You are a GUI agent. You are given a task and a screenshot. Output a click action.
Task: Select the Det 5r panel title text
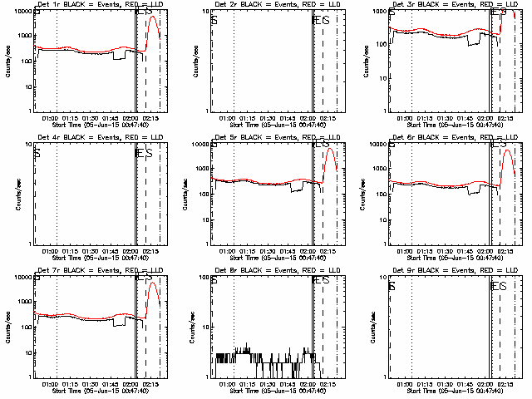click(263, 137)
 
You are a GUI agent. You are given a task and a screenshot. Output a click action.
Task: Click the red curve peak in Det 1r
click(151, 17)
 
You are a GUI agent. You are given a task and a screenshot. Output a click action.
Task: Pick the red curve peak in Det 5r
click(329, 150)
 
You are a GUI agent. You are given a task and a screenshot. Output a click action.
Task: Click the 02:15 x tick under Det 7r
click(151, 383)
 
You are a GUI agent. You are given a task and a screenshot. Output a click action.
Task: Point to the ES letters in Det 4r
click(145, 152)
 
